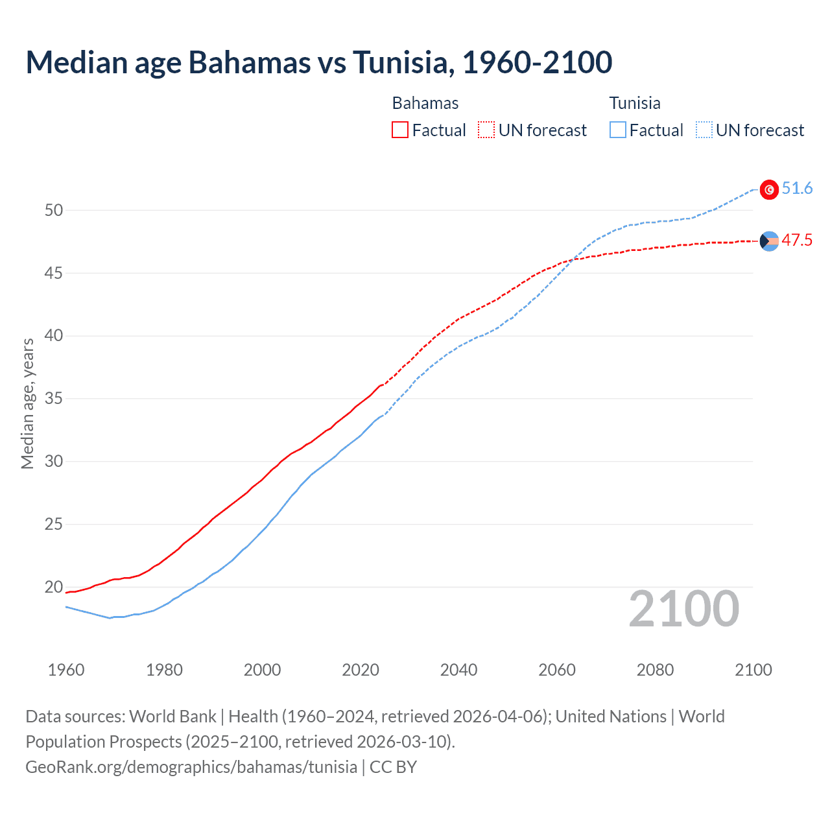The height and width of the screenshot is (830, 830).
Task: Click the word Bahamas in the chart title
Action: [x=249, y=62]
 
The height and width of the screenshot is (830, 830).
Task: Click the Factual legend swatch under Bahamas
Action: [x=400, y=130]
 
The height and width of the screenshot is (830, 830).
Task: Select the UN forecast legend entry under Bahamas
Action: [x=532, y=130]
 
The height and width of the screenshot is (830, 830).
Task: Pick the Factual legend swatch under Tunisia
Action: [x=618, y=130]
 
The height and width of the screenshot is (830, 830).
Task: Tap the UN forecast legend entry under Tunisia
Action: [x=750, y=130]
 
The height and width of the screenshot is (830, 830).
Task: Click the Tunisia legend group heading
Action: [x=635, y=103]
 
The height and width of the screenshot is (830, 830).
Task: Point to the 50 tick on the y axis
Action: [x=54, y=210]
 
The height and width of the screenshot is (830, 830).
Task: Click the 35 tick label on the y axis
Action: [x=54, y=398]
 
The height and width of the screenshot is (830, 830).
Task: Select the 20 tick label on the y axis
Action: [x=54, y=587]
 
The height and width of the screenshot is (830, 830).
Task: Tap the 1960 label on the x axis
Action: [x=66, y=670]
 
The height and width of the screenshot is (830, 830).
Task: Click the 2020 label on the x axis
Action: [x=361, y=670]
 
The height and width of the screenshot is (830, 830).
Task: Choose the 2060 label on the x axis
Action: [x=557, y=670]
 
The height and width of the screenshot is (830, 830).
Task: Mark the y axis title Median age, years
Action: [x=27, y=403]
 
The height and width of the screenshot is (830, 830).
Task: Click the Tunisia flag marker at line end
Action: [x=769, y=189]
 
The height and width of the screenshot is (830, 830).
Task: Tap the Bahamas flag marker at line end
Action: [x=769, y=241]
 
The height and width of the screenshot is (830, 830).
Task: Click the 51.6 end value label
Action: [x=797, y=189]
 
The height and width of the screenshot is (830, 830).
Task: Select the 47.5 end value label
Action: [x=797, y=241]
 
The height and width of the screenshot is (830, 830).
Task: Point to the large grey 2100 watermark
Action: [x=683, y=609]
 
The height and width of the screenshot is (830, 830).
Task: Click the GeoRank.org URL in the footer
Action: [x=191, y=767]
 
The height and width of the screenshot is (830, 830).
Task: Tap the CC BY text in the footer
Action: [x=393, y=767]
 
